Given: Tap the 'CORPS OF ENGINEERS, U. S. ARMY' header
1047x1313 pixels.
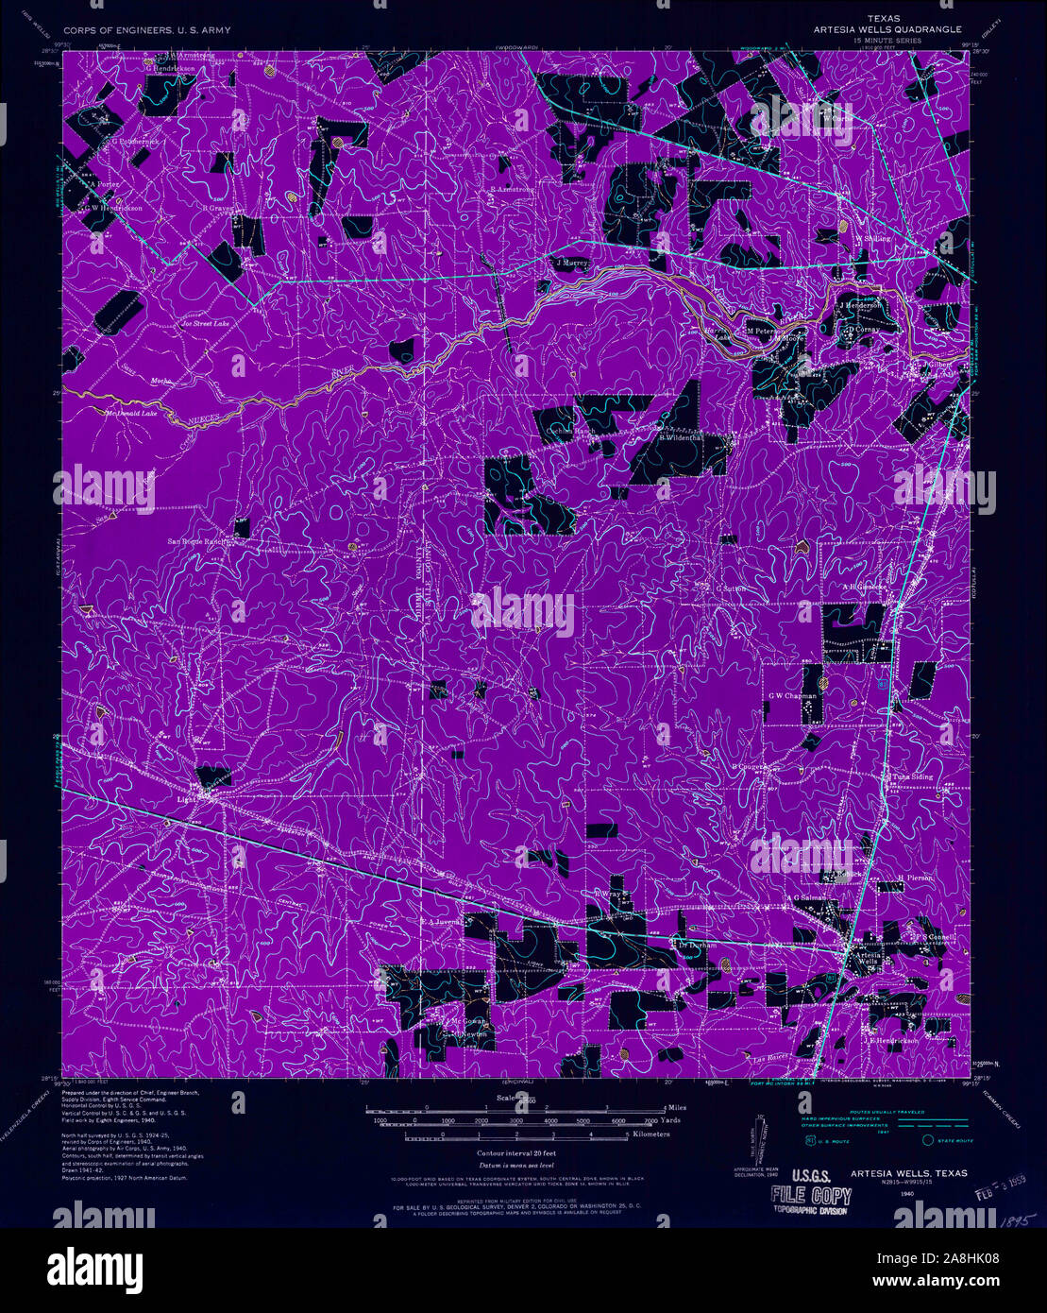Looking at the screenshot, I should (146, 30).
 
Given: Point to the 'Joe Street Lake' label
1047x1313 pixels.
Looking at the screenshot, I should (205, 324).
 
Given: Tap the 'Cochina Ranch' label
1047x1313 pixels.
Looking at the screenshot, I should (572, 430).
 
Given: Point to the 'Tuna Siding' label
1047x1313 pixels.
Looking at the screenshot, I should (912, 776).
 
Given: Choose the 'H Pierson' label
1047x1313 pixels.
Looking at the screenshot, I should (915, 878).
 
